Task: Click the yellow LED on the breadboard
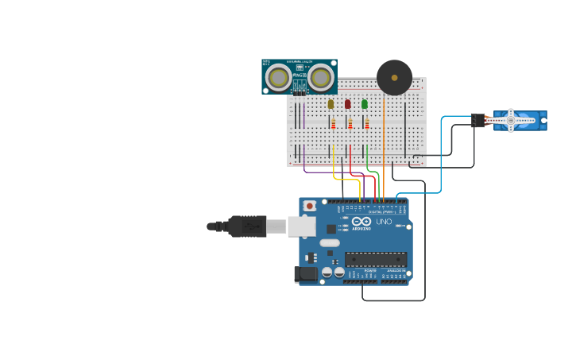click(x=331, y=104)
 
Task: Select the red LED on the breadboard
click(x=347, y=104)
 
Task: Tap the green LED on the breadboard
click(x=365, y=104)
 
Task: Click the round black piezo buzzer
click(x=394, y=77)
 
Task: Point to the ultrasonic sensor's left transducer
click(x=277, y=77)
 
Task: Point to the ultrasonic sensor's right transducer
click(x=321, y=77)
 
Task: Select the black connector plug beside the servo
click(x=477, y=120)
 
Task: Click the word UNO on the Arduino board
click(x=384, y=222)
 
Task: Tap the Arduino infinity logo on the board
click(x=361, y=222)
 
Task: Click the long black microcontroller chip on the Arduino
click(x=376, y=259)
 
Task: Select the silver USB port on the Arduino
click(x=301, y=226)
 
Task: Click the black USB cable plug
click(x=247, y=226)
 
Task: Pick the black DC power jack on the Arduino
click(x=306, y=274)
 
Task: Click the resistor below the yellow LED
click(x=334, y=123)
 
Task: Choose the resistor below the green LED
click(x=367, y=123)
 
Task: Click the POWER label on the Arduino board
click(x=370, y=271)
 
